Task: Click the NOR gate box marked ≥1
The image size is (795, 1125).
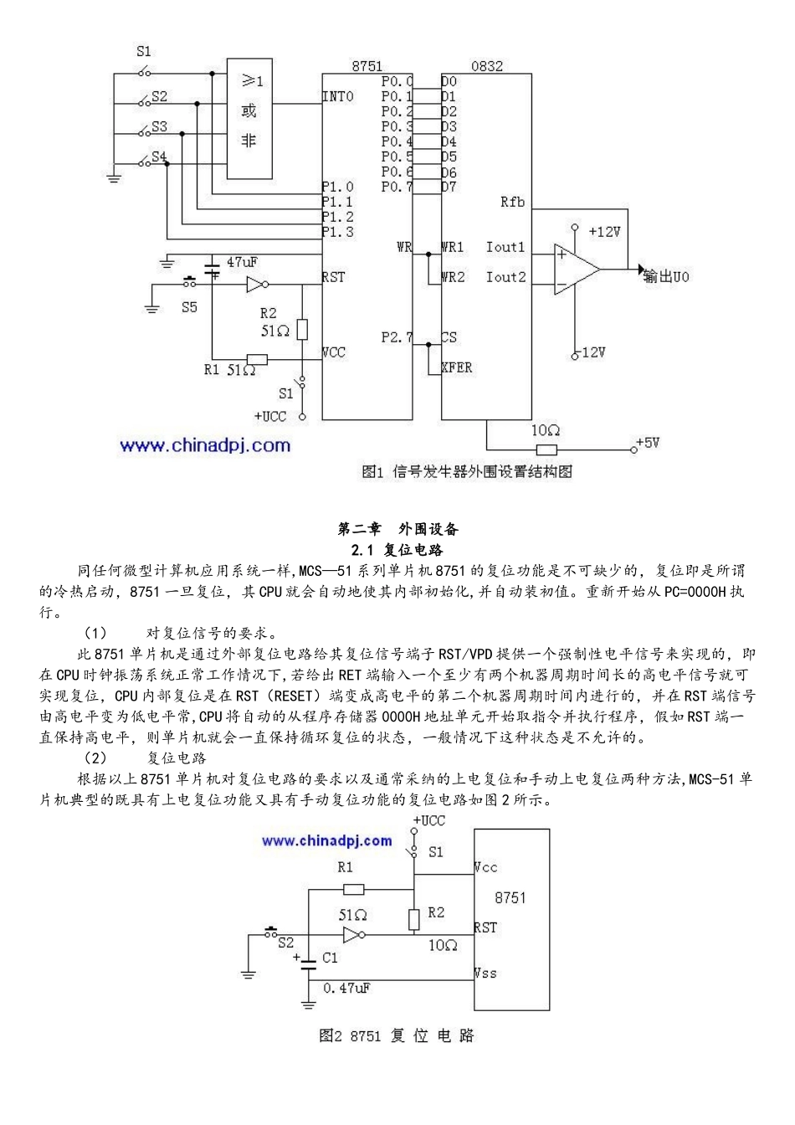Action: coord(249,118)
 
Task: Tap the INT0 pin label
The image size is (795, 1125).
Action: coord(338,97)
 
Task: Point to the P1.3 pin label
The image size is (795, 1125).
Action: coord(338,232)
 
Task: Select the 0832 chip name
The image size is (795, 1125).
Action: coord(487,66)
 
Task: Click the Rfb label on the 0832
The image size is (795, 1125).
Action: coord(512,202)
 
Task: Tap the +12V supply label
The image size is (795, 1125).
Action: coord(604,232)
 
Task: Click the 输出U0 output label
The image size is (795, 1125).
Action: coord(666,277)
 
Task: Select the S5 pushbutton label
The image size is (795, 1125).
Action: coord(190,307)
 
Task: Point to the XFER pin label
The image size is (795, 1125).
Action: coord(457,367)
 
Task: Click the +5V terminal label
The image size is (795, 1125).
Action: coord(648,442)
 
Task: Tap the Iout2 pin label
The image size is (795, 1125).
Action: coord(505,277)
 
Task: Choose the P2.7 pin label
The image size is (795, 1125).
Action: coord(397,337)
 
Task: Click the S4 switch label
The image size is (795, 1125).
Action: coord(158,157)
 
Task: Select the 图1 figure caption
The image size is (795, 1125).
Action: coord(467,472)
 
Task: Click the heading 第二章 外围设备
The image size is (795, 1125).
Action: coord(397,529)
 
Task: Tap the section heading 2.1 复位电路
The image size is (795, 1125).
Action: coord(397,550)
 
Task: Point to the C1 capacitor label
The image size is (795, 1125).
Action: coord(330,957)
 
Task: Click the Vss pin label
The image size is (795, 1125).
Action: coord(485,973)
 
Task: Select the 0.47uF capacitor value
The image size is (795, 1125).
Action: coord(346,989)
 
